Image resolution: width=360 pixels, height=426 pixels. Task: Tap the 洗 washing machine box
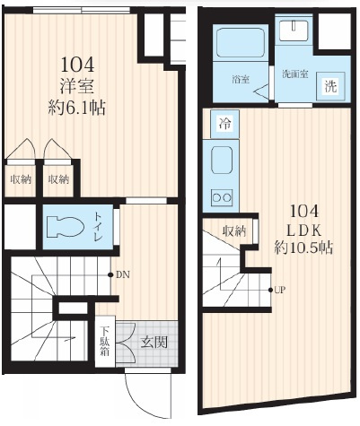pos(330,86)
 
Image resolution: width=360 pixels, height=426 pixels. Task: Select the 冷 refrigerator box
pos(224,124)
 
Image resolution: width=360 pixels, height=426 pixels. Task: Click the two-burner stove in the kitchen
pos(222,197)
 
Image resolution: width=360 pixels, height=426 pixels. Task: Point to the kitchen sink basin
pos(222,161)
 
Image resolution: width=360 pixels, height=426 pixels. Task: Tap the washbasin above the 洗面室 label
pos(294,30)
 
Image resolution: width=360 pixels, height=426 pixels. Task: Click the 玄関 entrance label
pos(154,343)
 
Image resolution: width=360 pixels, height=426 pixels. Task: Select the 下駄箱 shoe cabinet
pos(105,341)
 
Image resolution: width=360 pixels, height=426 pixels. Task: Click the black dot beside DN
pos(110,274)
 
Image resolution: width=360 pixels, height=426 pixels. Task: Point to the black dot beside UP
pos(270,290)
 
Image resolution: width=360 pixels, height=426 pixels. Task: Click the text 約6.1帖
pos(77,108)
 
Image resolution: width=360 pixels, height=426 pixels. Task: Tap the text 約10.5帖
pos(303,248)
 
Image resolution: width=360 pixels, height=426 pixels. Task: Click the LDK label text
pos(304,230)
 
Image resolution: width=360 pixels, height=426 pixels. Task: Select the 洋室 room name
pos(77,86)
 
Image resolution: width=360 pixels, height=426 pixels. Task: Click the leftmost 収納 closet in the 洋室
pos(21,179)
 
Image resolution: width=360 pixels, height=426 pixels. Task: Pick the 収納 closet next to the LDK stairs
pos(234,230)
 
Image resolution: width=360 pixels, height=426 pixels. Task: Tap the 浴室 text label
pos(241,80)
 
